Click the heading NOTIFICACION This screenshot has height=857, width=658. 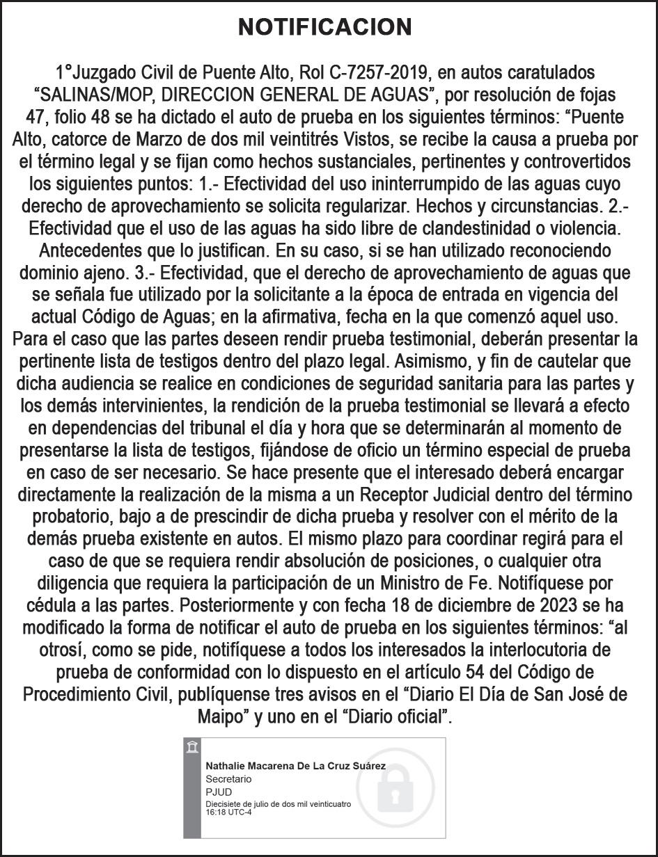[325, 27]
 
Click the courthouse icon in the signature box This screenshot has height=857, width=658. [192, 748]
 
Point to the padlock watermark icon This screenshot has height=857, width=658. [395, 790]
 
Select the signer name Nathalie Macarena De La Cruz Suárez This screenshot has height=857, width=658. [305, 766]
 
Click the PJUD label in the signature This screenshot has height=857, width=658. [219, 792]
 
